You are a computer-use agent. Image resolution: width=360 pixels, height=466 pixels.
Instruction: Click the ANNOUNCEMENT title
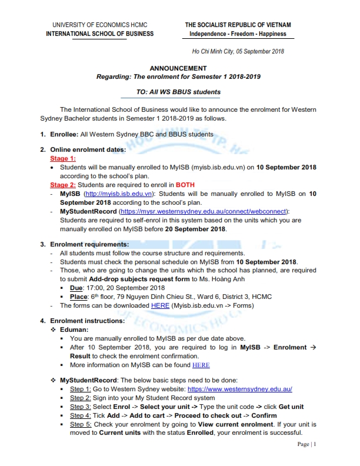click(178, 68)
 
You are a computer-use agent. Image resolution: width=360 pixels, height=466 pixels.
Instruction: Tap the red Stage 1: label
click(63, 159)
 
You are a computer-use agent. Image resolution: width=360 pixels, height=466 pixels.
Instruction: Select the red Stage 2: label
click(63, 184)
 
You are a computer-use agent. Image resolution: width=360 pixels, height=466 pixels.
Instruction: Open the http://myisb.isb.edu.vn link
click(118, 193)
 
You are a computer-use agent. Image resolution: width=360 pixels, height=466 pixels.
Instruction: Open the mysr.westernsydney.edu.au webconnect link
click(204, 211)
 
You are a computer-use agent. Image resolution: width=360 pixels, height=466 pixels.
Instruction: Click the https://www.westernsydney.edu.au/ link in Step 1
click(239, 390)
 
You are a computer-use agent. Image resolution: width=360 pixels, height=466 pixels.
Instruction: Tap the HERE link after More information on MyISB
click(201, 365)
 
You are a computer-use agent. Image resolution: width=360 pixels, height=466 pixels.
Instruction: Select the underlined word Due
click(76, 288)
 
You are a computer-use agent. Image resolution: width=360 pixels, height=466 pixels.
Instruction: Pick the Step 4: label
click(81, 415)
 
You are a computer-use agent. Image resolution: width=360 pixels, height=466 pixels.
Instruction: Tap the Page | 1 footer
click(306, 444)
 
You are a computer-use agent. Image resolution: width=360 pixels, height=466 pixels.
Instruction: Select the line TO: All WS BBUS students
click(178, 92)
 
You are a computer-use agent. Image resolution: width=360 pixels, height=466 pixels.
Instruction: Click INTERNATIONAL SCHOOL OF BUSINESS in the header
click(99, 34)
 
